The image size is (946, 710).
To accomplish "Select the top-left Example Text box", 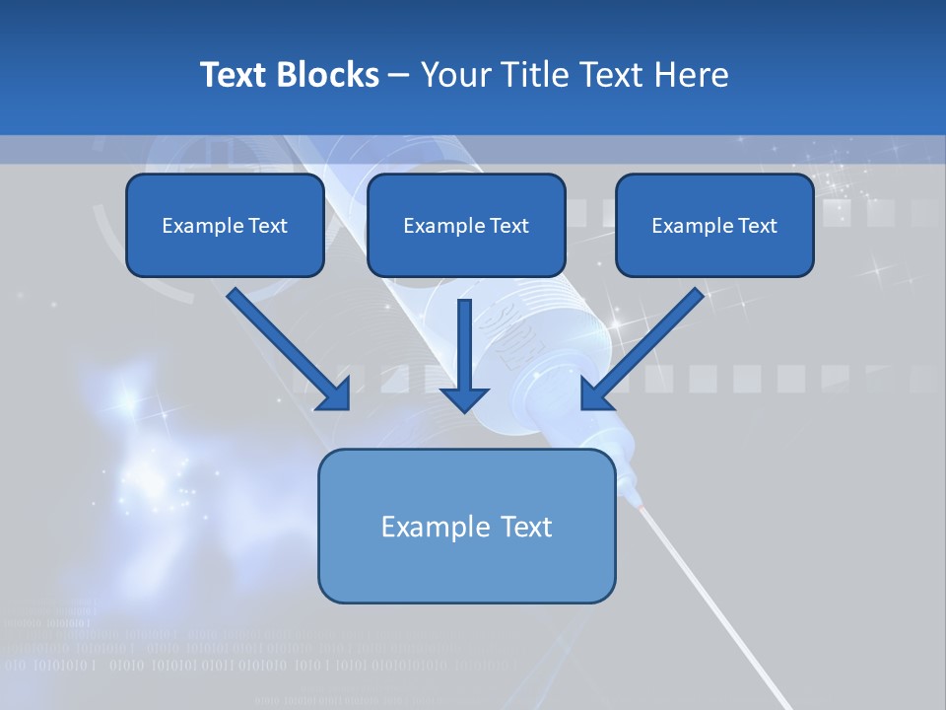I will tap(225, 226).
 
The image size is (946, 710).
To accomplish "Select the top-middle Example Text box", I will tap(466, 226).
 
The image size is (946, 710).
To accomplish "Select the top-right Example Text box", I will tap(714, 226).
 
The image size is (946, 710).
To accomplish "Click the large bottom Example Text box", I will tap(466, 526).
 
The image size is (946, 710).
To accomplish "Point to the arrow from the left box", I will tap(281, 345).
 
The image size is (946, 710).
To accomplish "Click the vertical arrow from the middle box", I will tap(464, 345).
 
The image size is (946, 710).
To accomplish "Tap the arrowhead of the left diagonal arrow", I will tap(335, 394).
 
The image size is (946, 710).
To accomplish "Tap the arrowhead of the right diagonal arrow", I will tap(597, 394).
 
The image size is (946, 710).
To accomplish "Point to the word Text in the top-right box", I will tap(757, 226).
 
